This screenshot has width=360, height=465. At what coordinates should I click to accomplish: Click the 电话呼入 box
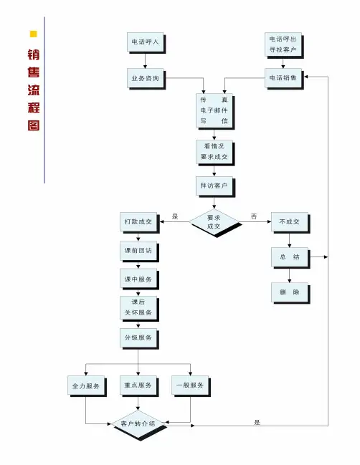[x=146, y=42]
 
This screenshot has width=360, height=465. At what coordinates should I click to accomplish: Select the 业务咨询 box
[x=146, y=78]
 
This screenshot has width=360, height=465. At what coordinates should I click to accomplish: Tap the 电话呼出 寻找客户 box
[x=283, y=44]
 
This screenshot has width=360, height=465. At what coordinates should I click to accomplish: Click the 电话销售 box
[x=283, y=78]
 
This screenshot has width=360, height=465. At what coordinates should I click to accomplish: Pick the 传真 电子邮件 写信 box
[x=214, y=110]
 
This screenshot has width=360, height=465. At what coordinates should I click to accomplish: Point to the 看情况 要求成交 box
[x=214, y=152]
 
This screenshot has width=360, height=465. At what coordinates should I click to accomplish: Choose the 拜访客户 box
[x=214, y=186]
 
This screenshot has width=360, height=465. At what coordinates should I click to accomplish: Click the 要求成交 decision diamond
[x=214, y=222]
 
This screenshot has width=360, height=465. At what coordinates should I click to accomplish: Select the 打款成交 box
[x=138, y=222]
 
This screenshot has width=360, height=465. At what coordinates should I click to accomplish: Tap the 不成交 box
[x=290, y=222]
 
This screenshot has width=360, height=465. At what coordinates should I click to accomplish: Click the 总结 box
[x=290, y=257]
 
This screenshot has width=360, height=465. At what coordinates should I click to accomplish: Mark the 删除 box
[x=290, y=292]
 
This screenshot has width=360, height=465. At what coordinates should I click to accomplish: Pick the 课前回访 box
[x=138, y=251]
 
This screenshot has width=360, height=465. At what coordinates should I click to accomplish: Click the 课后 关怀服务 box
[x=138, y=307]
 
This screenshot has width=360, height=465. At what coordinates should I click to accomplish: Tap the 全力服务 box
[x=86, y=385]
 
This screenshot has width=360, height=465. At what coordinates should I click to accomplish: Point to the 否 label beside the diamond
[x=254, y=216]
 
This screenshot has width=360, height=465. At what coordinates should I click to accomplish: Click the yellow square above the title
[x=34, y=34]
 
